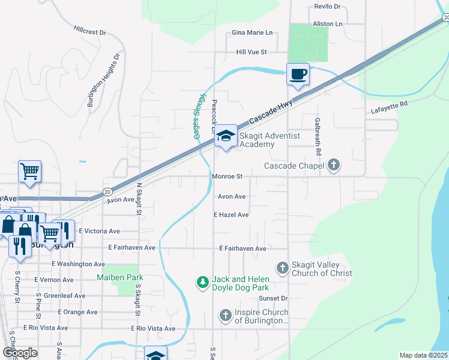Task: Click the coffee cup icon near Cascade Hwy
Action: point(298,74)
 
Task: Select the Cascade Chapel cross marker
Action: point(334,165)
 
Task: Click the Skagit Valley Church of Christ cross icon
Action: point(282,268)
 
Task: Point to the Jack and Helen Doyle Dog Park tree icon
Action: point(203,281)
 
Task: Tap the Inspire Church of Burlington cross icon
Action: point(225,315)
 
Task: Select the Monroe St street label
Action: point(227,176)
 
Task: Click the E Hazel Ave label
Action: point(231,214)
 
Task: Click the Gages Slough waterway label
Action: point(200,116)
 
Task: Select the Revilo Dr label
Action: point(327,7)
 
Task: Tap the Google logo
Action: point(20,353)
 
